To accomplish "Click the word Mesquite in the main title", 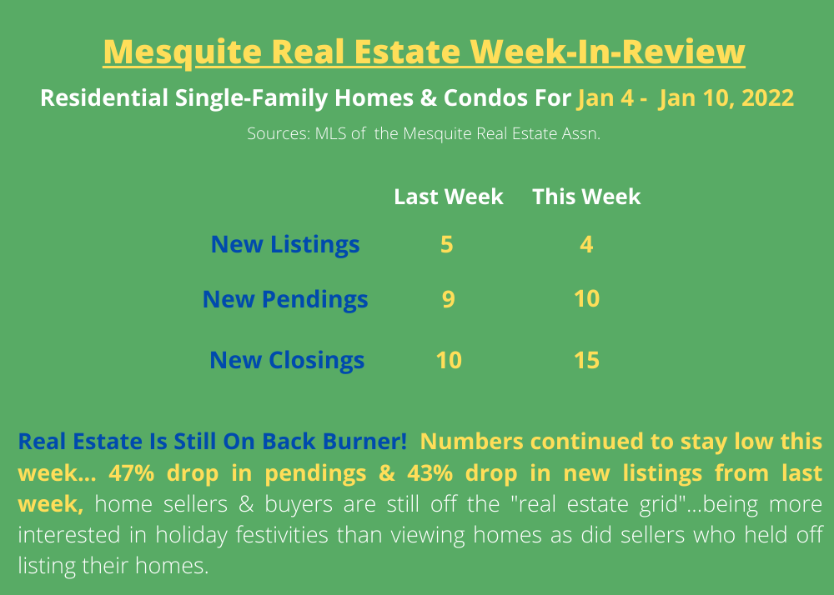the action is (x=183, y=52).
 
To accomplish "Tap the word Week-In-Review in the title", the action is (x=607, y=52).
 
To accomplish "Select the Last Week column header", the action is (x=449, y=197).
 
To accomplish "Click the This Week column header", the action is (x=586, y=197).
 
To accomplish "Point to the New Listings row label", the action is (x=285, y=244).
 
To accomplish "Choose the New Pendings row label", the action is (x=285, y=299).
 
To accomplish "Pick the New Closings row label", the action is (x=287, y=360).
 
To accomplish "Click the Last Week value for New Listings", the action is (x=447, y=244).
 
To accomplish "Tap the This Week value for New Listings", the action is (x=586, y=244).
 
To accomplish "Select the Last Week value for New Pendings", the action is (x=449, y=299).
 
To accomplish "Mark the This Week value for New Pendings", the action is (x=586, y=299).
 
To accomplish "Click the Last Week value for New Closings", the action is (x=449, y=360).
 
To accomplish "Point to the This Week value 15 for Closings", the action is (x=586, y=360).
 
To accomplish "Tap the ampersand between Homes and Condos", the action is (x=428, y=97).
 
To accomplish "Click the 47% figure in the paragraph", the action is (x=132, y=472).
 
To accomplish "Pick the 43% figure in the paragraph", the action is (x=430, y=472).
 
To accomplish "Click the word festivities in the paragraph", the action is (x=282, y=534).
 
